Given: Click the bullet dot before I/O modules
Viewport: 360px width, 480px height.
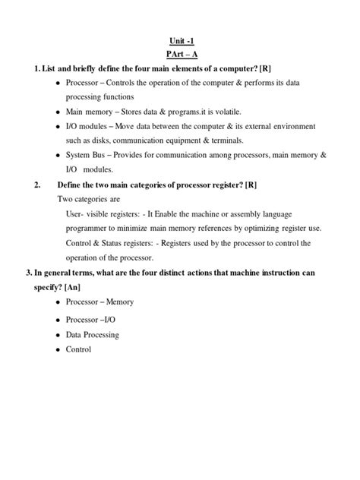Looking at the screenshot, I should tap(59, 126).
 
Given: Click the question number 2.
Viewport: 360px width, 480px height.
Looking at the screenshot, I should tap(37, 185).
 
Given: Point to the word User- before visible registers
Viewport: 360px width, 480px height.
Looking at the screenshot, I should tap(78, 214).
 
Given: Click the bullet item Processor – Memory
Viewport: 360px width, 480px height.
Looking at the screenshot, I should tap(99, 302).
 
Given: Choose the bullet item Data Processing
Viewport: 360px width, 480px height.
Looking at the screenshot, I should tap(93, 334).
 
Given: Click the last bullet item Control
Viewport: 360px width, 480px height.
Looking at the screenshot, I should tap(78, 349).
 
